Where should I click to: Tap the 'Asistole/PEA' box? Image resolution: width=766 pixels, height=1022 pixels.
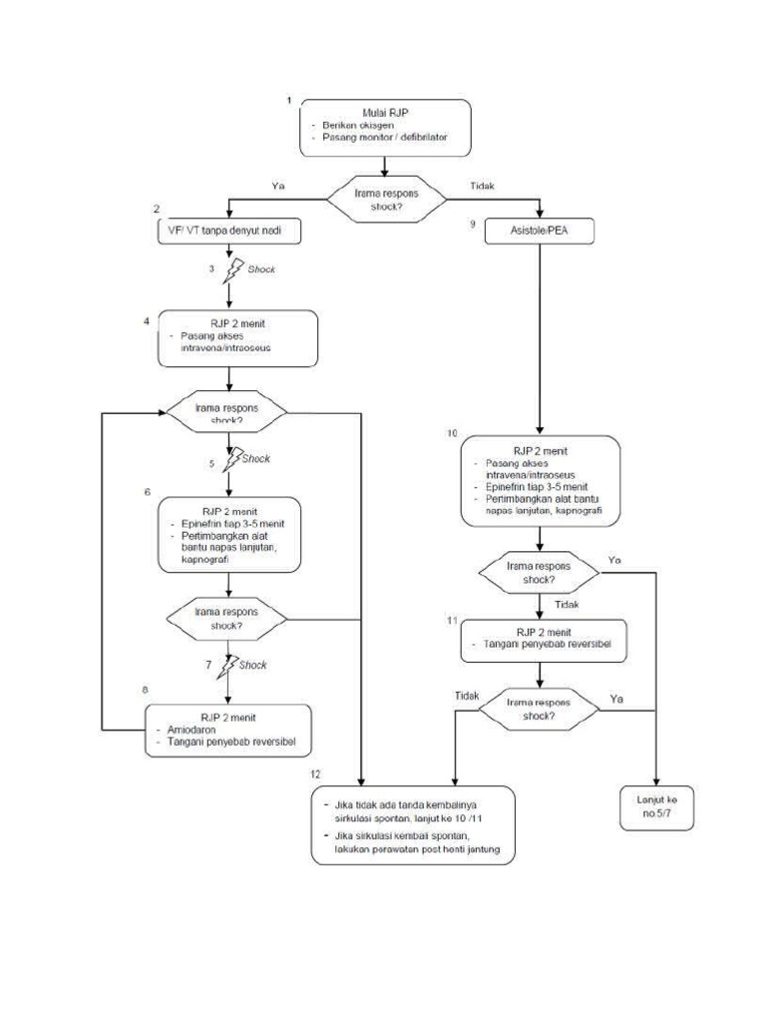[540, 231]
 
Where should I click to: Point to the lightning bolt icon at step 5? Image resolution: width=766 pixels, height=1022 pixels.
[233, 458]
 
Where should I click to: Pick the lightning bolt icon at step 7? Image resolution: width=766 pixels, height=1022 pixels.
[233, 664]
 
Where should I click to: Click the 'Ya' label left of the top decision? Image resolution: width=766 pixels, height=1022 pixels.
[279, 186]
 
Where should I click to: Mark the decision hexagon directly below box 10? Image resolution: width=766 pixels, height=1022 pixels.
[539, 572]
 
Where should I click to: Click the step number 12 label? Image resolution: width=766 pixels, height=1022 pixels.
[315, 774]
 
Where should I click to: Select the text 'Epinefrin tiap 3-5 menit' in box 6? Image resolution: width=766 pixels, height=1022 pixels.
[231, 522]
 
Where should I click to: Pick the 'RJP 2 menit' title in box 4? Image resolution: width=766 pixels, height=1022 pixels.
[229, 323]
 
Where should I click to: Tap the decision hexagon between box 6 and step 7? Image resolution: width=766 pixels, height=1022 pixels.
[227, 619]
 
